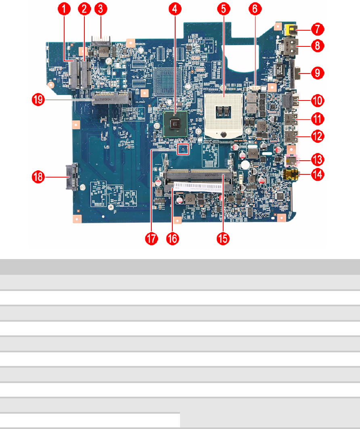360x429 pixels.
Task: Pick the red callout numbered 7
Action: [317, 29]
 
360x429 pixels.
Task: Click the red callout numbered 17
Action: [151, 239]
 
